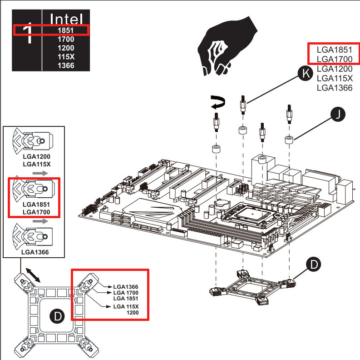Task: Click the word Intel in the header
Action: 66,19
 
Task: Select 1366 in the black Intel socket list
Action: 66,65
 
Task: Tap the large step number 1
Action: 28,35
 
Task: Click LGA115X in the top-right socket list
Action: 335,78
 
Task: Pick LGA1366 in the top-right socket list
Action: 335,88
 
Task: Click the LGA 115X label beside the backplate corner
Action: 125,307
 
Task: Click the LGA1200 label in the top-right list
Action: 335,69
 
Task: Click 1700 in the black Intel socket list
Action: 66,39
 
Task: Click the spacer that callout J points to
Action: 288,139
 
